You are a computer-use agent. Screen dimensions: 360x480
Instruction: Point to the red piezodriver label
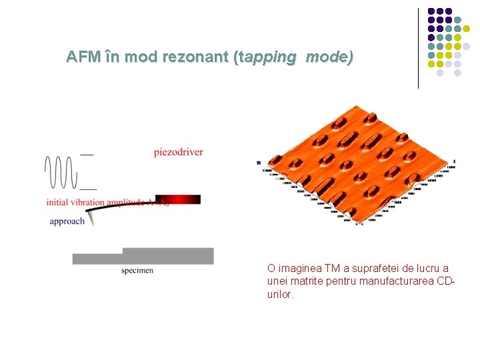pyautogui.click(x=178, y=152)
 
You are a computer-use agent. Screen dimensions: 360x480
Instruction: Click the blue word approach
pyautogui.click(x=67, y=221)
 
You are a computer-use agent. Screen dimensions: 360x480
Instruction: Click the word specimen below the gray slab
pyautogui.click(x=137, y=270)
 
